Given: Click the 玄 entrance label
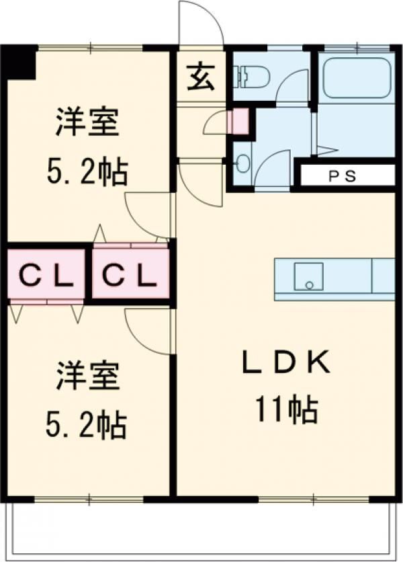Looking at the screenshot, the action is coord(201,77).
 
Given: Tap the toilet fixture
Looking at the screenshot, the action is coord(250,76).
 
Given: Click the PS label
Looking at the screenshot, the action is coord(343,175).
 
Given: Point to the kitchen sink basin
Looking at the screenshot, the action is coord(309,276).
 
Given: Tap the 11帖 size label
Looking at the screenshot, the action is coord(287,409).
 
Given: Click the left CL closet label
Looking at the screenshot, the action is coord(46,276).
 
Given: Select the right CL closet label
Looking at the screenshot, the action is coord(130,276).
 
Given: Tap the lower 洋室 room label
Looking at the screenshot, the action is coord(87,376).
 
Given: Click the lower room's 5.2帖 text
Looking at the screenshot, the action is coord(87,425).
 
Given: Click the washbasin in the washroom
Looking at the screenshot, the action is coord(243,160).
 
